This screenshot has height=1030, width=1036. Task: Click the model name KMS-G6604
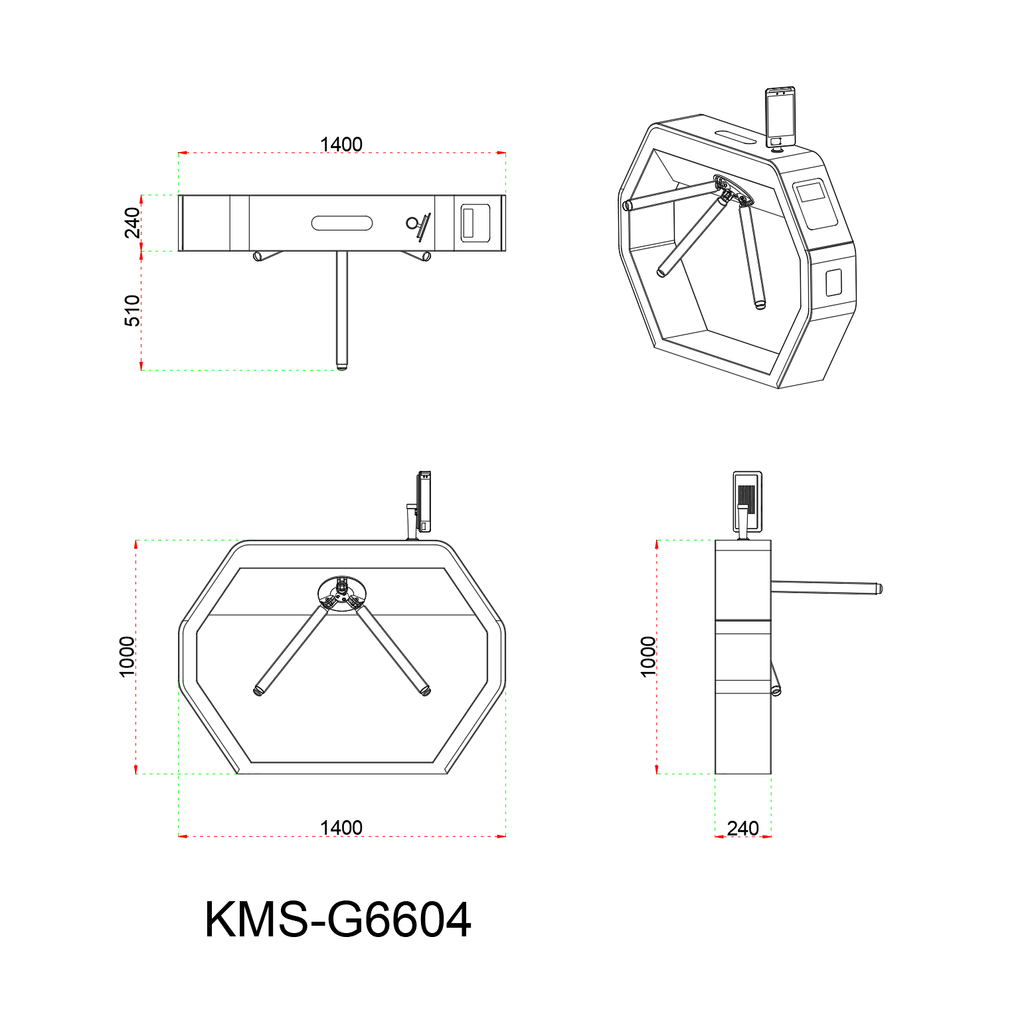[x=338, y=920]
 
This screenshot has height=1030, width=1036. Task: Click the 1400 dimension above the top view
[x=341, y=144]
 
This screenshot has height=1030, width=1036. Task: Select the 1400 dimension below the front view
[x=341, y=827]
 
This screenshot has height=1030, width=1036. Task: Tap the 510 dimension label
[x=132, y=311]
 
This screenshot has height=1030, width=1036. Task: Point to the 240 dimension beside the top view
[x=132, y=222]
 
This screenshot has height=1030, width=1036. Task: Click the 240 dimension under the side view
[x=742, y=828]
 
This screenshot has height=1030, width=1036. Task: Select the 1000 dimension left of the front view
[x=126, y=657]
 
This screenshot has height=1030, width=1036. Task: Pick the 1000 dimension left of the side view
[x=647, y=657]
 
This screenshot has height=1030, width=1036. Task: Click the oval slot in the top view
[x=342, y=222]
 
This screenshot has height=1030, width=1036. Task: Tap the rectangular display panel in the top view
[x=475, y=223]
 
